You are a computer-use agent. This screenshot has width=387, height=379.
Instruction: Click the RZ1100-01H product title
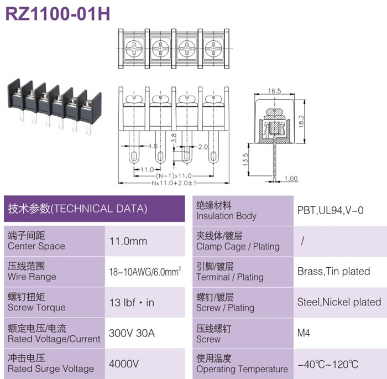tap(57, 14)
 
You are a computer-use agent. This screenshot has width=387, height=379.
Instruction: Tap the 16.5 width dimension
tap(274, 91)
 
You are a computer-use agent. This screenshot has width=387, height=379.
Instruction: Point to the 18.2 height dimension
tap(301, 121)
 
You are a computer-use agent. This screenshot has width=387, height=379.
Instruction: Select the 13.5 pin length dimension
tap(245, 159)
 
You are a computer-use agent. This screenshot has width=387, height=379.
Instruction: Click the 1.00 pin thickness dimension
tap(291, 178)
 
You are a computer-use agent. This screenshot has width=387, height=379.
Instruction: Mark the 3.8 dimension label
tap(174, 138)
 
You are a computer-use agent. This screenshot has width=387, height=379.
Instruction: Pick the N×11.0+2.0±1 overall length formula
tap(174, 183)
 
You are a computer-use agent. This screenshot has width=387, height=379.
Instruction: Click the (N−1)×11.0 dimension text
tap(174, 176)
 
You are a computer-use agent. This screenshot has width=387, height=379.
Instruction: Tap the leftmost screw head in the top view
tap(134, 49)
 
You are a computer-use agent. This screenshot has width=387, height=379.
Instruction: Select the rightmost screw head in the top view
tap(213, 49)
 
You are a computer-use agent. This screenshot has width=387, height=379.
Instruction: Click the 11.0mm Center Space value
tap(128, 241)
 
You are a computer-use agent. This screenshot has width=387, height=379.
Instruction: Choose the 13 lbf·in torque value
tap(132, 303)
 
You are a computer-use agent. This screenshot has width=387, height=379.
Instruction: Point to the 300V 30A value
tap(132, 333)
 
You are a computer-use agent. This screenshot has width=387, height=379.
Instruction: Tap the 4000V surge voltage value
tap(124, 364)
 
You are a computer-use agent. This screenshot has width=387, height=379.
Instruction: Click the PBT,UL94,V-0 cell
tap(330, 210)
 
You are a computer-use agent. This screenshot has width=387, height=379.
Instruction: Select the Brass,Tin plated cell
tap(334, 271)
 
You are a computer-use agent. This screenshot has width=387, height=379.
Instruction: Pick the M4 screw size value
tap(304, 333)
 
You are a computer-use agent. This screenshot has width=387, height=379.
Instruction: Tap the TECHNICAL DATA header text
tap(100, 209)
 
